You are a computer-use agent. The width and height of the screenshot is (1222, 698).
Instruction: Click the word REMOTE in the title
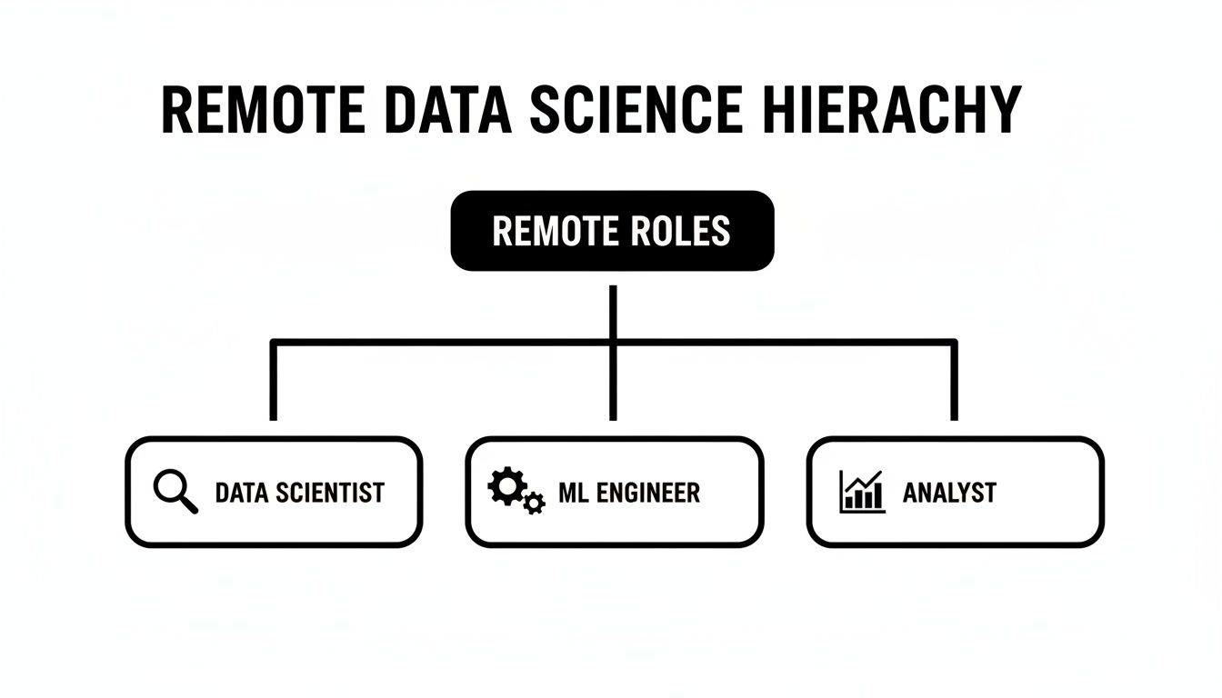coord(263,112)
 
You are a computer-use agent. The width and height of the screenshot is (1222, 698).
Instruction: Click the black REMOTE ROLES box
coord(612,231)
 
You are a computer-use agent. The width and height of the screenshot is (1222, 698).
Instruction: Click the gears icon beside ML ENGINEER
coord(516,492)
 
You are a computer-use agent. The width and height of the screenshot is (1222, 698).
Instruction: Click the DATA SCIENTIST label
coord(299,494)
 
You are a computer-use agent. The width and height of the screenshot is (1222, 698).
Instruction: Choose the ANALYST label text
coord(949,494)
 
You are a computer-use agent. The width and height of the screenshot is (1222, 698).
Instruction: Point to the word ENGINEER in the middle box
coord(652,494)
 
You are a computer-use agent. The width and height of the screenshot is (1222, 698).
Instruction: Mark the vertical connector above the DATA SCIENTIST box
coord(273,382)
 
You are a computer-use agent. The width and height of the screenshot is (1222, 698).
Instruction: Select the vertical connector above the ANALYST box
coord(954,382)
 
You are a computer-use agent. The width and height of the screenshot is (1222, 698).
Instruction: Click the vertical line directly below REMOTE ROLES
coord(613,314)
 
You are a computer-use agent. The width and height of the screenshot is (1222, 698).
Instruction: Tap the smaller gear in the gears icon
coord(534,503)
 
